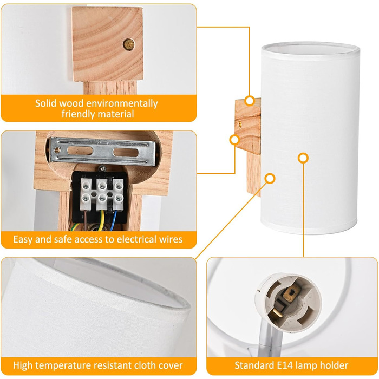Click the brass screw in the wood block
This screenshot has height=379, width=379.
[x=129, y=44]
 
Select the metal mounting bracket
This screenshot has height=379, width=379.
[x=102, y=151]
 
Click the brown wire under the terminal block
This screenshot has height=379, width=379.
[x=85, y=220]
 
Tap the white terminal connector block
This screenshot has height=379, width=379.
[x=102, y=194]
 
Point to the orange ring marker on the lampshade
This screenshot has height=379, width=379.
[x=303, y=158]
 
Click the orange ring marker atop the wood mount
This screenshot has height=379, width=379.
[x=250, y=101]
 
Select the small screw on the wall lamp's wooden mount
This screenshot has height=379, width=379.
[x=240, y=124]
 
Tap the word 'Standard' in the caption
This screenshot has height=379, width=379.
[x=254, y=365]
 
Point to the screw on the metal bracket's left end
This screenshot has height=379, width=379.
[x=57, y=150]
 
